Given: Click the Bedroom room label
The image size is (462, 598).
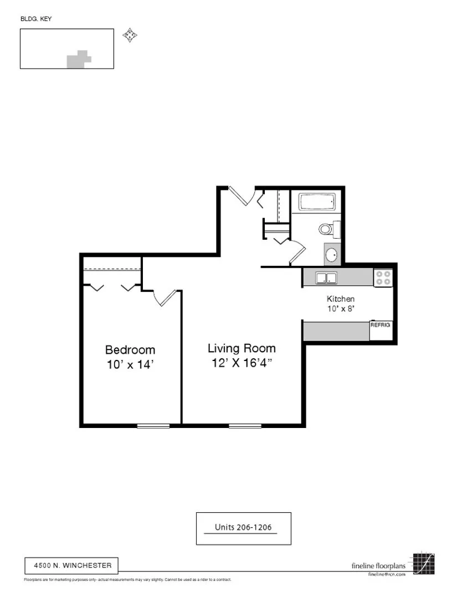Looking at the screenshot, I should tap(130, 350).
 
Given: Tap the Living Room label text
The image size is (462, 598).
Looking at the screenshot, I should tap(242, 348).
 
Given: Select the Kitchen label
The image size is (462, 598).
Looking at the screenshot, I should tap(341, 299).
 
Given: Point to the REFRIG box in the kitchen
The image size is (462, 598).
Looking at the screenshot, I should tap(381, 325).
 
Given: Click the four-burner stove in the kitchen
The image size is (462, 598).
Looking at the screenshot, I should tap(383, 277).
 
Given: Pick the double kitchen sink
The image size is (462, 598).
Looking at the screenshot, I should tap(326, 278).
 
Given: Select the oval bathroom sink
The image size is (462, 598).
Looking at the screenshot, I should tap(331, 255).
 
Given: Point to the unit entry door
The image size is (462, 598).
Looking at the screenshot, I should tap(243, 196).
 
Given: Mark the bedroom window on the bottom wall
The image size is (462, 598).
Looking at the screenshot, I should tap(153, 425).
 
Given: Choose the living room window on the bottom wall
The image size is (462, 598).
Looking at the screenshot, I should tap(245, 425).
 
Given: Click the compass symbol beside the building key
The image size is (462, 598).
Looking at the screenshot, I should tap(130, 36).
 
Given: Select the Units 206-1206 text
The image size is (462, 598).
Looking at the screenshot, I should tap(243, 528).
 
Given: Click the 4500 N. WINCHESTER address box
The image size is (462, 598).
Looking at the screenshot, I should tap(72, 565).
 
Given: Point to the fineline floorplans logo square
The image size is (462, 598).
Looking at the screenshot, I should tap(424, 564).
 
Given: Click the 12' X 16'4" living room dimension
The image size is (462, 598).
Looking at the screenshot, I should tap(242, 363).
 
